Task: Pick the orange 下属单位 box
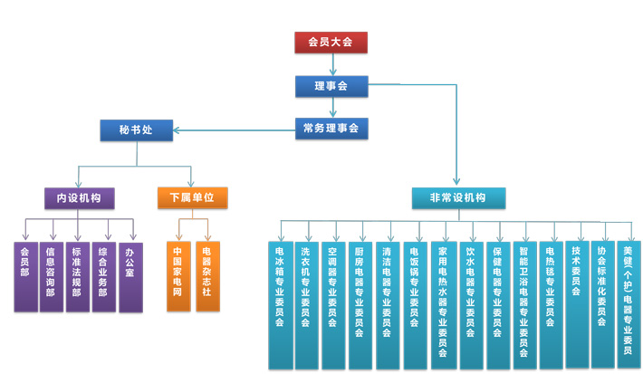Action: pyautogui.click(x=191, y=197)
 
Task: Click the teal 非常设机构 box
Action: pyautogui.click(x=458, y=197)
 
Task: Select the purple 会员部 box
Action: pyautogui.click(x=24, y=275)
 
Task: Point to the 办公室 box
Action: pyautogui.click(x=130, y=275)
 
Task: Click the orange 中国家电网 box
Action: pyautogui.click(x=178, y=275)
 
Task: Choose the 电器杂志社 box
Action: pyautogui.click(x=207, y=275)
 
